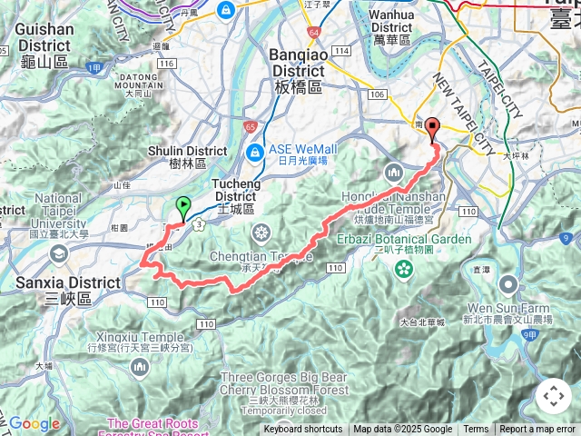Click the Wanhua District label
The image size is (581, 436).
(391, 21)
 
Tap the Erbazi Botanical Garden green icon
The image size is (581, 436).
(402, 269)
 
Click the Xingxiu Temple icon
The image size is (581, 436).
(139, 366)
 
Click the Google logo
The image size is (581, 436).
(34, 423)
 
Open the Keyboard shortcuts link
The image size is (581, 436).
(303, 430)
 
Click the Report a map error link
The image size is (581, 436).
(538, 430)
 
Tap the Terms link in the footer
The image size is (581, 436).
(476, 430)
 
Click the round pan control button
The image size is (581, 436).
(553, 396)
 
